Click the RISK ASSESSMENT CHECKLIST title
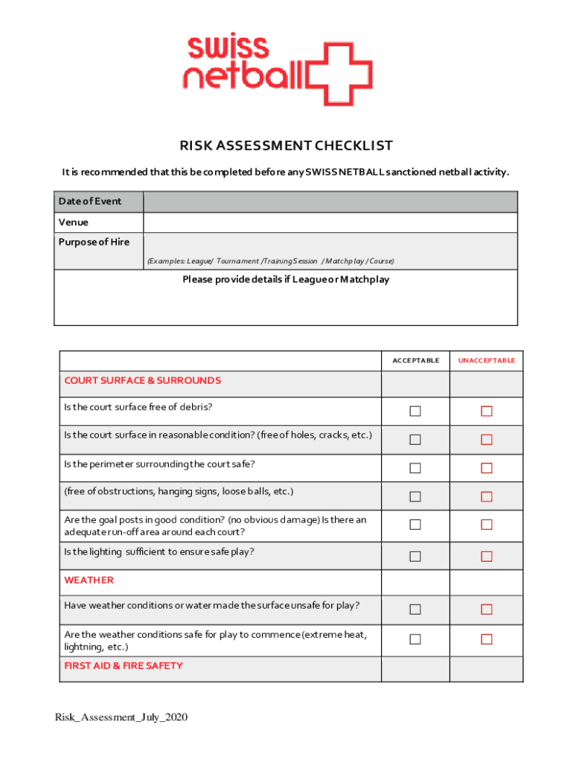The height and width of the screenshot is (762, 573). (286, 146)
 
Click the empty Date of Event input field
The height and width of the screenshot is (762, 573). (330, 202)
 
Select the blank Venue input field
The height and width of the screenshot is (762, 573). (330, 222)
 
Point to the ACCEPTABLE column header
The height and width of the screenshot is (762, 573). (415, 360)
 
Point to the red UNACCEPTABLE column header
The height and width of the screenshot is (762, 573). (486, 360)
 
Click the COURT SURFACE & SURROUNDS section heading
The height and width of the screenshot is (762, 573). (142, 380)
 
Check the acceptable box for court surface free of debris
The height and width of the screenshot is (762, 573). (415, 412)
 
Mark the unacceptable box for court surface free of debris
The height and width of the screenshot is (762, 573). (487, 412)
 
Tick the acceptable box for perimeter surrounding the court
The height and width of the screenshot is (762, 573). (415, 468)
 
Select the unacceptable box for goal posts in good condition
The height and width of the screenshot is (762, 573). (487, 525)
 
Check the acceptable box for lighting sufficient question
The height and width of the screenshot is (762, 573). (415, 556)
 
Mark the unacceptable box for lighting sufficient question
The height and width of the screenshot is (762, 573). (487, 556)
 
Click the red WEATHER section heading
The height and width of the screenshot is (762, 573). (89, 580)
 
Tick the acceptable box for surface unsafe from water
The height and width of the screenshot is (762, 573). (415, 609)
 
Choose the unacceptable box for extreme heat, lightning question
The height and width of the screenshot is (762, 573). (487, 639)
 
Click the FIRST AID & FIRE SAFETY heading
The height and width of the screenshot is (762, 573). (124, 665)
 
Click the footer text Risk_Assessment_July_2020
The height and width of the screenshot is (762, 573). (121, 717)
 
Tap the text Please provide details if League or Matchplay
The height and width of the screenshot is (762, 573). (286, 280)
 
